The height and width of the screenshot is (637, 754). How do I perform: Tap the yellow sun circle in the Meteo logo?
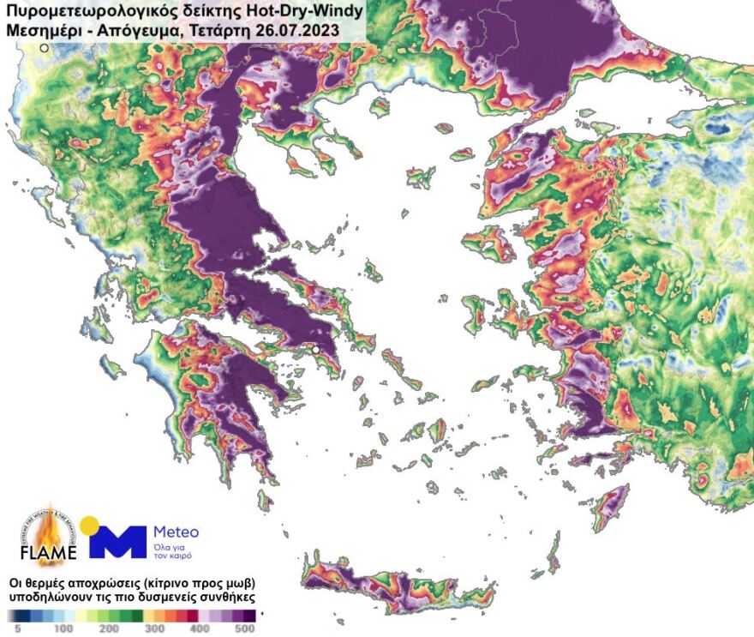pyautogui.click(x=89, y=525)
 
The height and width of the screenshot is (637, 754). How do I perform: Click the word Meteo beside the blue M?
pyautogui.click(x=176, y=532)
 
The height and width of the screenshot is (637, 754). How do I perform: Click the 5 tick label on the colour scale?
pyautogui.click(x=16, y=628)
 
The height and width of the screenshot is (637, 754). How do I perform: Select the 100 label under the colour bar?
pyautogui.click(x=63, y=628)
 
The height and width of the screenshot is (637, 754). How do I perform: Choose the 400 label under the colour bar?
pyautogui.click(x=200, y=628)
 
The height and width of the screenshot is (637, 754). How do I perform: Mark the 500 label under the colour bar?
pyautogui.click(x=245, y=628)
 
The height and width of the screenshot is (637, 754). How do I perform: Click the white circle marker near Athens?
pyautogui.click(x=315, y=350)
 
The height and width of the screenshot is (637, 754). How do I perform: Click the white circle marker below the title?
pyautogui.click(x=45, y=49)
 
